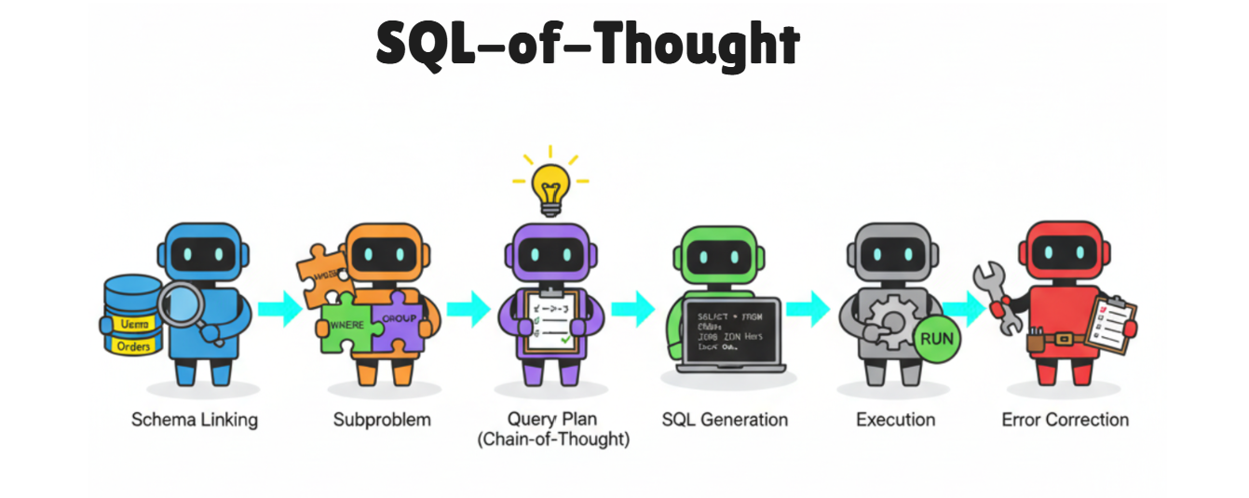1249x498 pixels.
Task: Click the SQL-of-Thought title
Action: (588, 44)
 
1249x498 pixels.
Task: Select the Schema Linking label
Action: (194, 420)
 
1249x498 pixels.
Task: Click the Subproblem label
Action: (382, 420)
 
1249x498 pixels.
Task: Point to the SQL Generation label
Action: (725, 420)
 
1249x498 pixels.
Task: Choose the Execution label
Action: (895, 420)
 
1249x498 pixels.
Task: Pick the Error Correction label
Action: (1065, 420)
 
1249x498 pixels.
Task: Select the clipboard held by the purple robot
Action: (551, 318)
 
